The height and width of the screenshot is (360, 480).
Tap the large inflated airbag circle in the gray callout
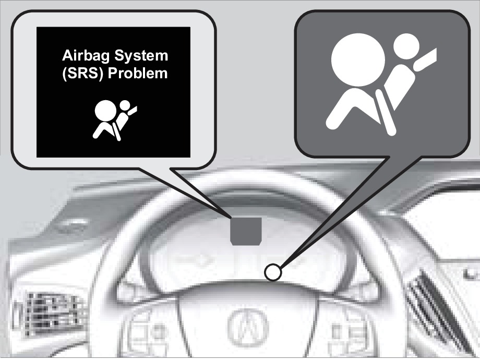tap(358, 59)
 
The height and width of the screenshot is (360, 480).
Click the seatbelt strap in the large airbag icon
tap(385, 112)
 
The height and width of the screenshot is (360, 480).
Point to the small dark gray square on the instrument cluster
tap(246, 231)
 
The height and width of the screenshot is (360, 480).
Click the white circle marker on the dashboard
tap(273, 272)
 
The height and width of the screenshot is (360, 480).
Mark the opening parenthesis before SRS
tap(64, 74)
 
